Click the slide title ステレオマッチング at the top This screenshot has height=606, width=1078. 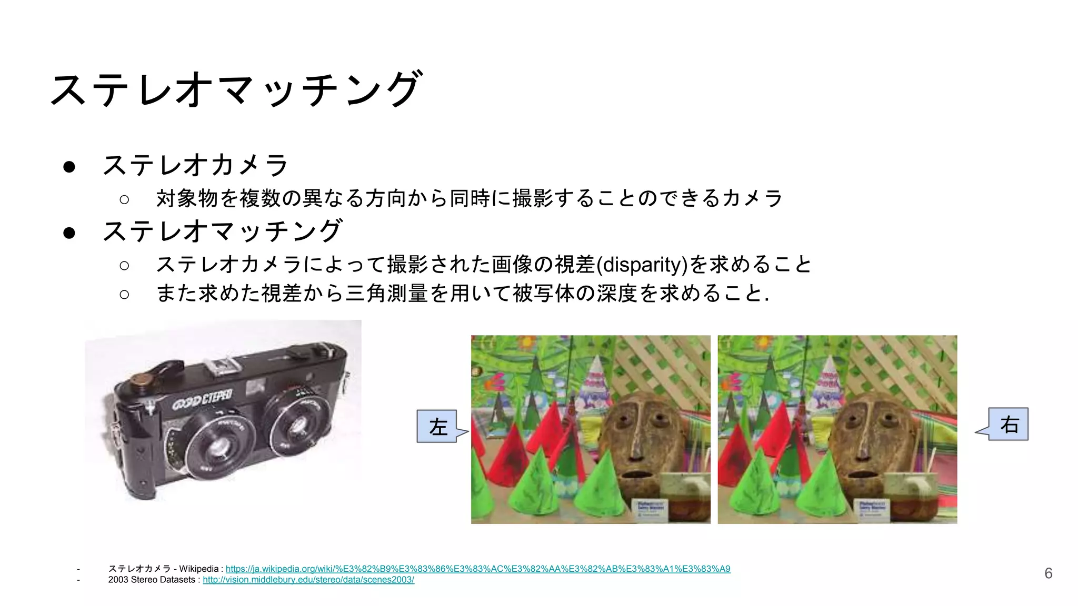[236, 89]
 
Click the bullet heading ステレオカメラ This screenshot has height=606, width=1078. [195, 165]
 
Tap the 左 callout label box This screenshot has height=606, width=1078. [437, 427]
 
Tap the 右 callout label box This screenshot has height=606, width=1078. [1009, 424]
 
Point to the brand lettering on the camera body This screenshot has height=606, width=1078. [202, 400]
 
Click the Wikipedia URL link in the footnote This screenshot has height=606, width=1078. [477, 569]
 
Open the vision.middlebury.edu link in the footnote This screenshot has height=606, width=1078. [308, 580]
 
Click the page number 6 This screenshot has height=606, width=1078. [1048, 573]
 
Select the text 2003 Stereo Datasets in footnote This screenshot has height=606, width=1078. [152, 580]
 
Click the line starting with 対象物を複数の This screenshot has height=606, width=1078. [468, 198]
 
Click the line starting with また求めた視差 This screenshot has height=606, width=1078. [462, 294]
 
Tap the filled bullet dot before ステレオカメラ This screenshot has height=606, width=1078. [69, 167]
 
